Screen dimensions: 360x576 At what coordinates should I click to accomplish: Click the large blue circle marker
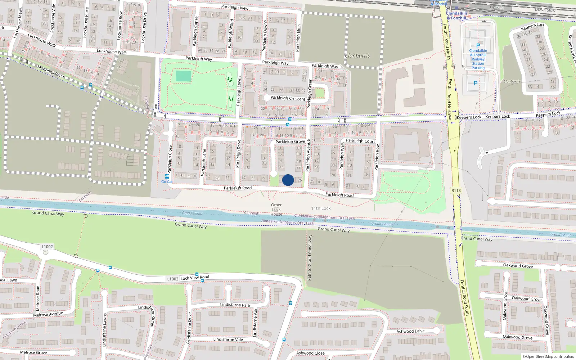pyautogui.click(x=288, y=180)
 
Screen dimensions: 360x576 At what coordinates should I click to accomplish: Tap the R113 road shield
pyautogui.click(x=456, y=191)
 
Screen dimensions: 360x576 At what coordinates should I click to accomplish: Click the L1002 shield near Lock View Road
pyautogui.click(x=173, y=279)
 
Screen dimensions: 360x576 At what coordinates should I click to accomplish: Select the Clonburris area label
pyautogui.click(x=357, y=56)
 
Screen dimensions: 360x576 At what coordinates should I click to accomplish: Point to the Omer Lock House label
pyautogui.click(x=276, y=210)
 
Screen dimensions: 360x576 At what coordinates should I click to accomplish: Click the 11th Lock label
pyautogui.click(x=321, y=208)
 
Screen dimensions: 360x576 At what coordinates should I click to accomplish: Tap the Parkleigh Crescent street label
pyautogui.click(x=288, y=98)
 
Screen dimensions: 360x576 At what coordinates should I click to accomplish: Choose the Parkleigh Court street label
pyautogui.click(x=360, y=141)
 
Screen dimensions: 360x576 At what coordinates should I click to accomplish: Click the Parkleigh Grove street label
pyautogui.click(x=290, y=141)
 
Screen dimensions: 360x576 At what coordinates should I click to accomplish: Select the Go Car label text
pyautogui.click(x=167, y=182)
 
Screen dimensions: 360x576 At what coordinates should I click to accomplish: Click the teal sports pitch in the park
pyautogui.click(x=184, y=76)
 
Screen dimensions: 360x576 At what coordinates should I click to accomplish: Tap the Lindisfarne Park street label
pyautogui.click(x=235, y=305)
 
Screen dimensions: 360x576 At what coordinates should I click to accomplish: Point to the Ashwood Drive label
pyautogui.click(x=410, y=331)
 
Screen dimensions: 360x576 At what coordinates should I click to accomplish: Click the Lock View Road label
pyautogui.click(x=195, y=278)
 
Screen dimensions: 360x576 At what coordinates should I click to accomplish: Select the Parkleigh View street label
pyautogui.click(x=235, y=7)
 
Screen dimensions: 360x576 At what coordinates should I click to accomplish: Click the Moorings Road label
pyautogui.click(x=51, y=72)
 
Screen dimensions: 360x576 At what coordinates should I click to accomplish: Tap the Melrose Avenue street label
pyautogui.click(x=48, y=314)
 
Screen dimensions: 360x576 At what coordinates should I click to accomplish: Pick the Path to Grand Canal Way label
pyautogui.click(x=310, y=258)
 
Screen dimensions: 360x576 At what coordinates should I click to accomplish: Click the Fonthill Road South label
pyautogui.click(x=465, y=298)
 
